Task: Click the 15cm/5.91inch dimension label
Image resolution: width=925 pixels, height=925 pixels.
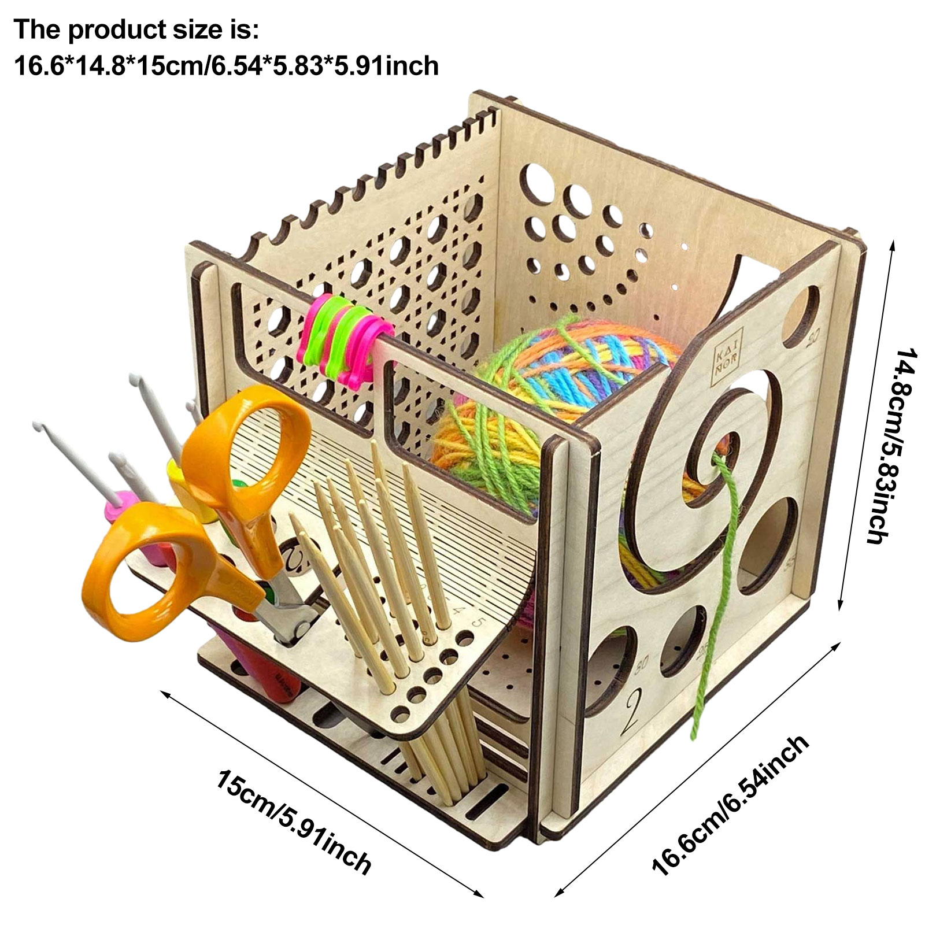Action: pos(293,821)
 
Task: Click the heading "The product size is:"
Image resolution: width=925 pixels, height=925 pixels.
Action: pos(136,29)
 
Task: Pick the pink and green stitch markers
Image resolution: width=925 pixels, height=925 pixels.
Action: pos(344,338)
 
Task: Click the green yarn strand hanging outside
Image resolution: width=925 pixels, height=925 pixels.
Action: pos(717,607)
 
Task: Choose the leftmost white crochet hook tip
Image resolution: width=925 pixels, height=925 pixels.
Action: pos(39,428)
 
